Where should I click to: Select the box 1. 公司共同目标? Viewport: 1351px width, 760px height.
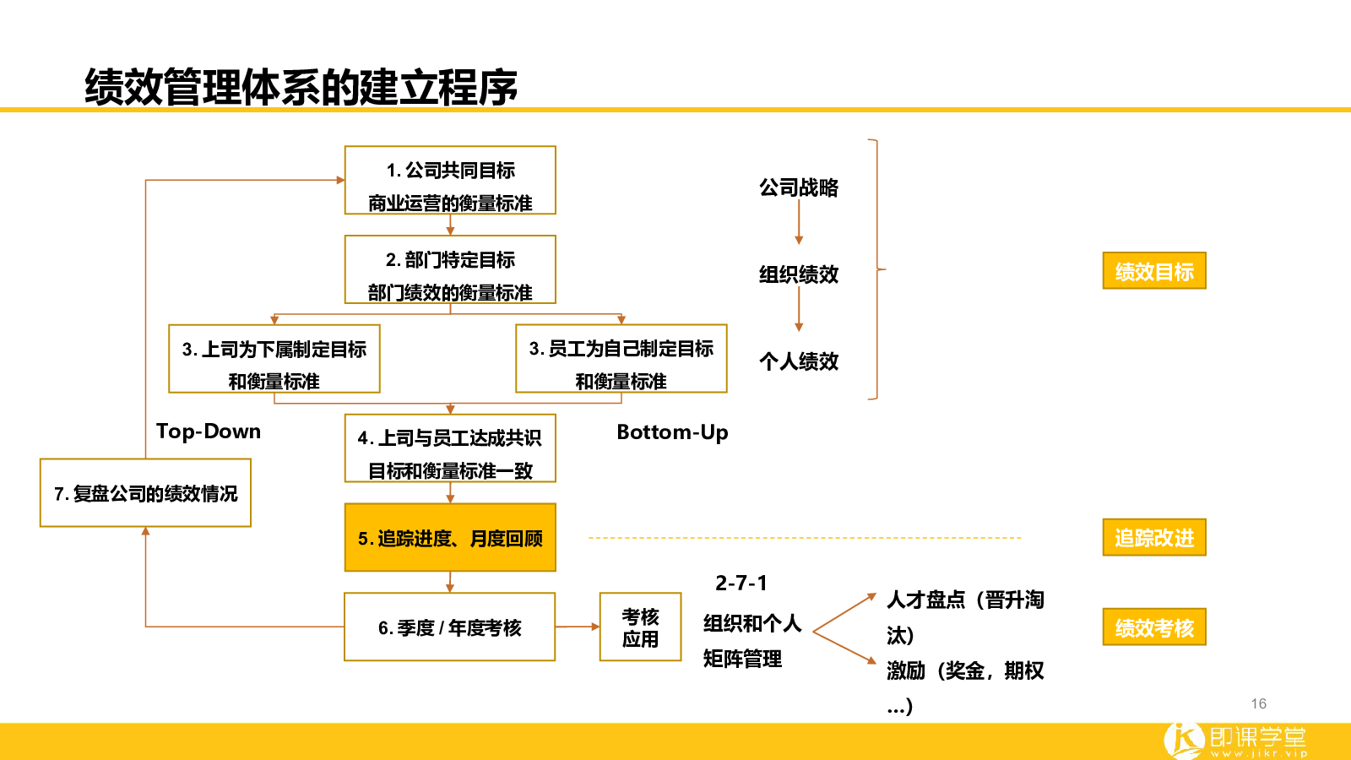pos(450,181)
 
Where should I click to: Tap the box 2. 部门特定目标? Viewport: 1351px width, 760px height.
pos(450,269)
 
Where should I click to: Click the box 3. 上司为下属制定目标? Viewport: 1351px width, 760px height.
pos(274,359)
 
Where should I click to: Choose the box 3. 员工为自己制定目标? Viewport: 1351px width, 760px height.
pos(621,359)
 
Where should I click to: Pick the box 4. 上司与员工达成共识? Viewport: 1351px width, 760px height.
pos(450,448)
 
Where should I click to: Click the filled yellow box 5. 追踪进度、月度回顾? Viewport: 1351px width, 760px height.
pos(450,537)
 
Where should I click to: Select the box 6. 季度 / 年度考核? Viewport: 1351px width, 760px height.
pos(450,627)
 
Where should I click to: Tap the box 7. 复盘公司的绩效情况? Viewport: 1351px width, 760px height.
pos(145,493)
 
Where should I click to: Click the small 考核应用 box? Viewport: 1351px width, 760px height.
pos(641,627)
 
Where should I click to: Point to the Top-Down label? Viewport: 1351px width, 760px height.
pos(209,432)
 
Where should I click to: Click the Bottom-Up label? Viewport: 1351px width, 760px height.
pos(672,432)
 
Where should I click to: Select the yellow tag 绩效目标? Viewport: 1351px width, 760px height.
pos(1154,271)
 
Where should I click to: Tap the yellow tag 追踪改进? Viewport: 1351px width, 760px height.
pos(1154,537)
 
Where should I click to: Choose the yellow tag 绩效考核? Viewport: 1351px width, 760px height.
pos(1154,627)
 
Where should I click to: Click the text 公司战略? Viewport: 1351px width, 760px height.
pos(799,187)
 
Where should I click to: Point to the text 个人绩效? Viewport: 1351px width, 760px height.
pos(799,361)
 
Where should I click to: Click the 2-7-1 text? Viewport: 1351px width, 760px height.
pos(741,584)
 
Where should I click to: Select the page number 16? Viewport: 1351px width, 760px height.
pos(1259,704)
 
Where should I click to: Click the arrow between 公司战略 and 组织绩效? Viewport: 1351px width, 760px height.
pos(799,222)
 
